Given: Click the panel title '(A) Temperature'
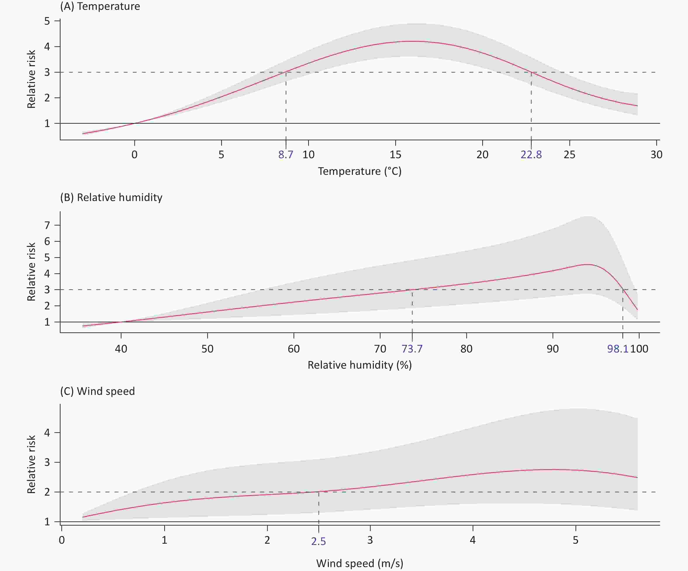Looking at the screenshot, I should (x=100, y=6).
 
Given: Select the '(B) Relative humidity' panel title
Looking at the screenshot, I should (x=111, y=197).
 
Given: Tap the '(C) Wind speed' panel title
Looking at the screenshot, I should (x=97, y=391).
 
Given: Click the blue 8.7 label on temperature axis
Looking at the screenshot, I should (x=286, y=154).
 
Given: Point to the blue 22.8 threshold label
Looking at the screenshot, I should (x=531, y=154).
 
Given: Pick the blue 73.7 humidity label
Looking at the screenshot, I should (x=412, y=348).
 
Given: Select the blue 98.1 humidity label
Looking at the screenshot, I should (x=618, y=348).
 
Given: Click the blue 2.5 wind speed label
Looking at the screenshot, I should (x=318, y=541).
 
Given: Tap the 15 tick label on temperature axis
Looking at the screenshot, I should (x=395, y=154).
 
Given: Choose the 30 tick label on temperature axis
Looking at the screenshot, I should (x=656, y=154).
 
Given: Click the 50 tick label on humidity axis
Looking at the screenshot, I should (x=207, y=348).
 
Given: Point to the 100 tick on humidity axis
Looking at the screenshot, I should (x=639, y=348).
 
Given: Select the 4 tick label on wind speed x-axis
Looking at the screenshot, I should (x=472, y=540).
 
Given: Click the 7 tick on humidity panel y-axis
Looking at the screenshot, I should (x=47, y=225).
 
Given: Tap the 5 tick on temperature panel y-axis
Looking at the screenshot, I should (x=47, y=21).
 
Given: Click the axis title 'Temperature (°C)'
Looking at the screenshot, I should (x=360, y=171).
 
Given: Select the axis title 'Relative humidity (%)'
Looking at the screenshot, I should (x=360, y=365).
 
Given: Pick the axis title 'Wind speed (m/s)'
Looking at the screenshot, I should (x=360, y=563).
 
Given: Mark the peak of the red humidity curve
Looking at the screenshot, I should (x=588, y=264).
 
